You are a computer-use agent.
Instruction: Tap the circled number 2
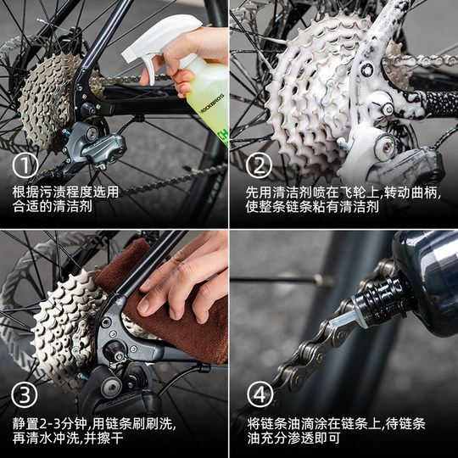(259, 166)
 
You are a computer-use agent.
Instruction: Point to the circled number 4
(259, 396)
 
